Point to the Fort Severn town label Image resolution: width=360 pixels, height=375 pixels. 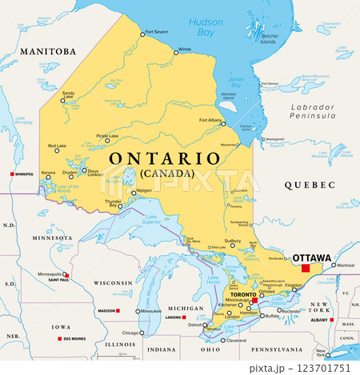(x=155, y=33)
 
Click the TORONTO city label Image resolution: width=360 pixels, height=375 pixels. (x=239, y=295)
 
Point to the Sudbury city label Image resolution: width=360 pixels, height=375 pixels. (x=233, y=240)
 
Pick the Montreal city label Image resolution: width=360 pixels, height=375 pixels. (x=346, y=265)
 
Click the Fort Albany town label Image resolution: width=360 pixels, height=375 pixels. (x=210, y=120)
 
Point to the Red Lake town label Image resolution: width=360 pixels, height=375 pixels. (x=57, y=146)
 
